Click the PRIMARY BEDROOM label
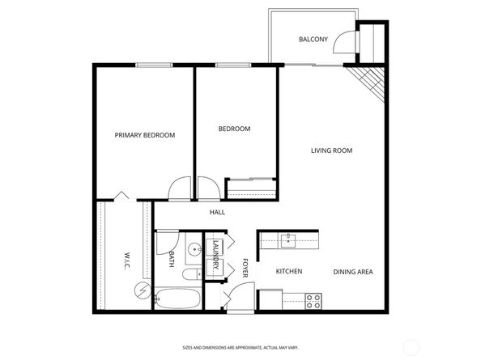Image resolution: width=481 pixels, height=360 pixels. (x=144, y=135)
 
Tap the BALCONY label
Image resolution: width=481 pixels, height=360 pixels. (x=313, y=40)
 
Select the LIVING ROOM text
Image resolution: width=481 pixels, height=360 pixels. (x=332, y=150)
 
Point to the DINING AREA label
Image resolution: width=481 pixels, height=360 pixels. (x=353, y=272)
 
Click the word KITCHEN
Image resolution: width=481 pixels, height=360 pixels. (x=289, y=272)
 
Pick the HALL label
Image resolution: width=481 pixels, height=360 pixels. (x=217, y=213)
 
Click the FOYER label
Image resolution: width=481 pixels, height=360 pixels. (x=245, y=266)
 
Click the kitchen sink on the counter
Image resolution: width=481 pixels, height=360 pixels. (x=289, y=239)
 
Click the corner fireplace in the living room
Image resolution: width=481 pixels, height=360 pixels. (x=369, y=81)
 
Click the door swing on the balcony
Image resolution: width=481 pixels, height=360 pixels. (x=347, y=40)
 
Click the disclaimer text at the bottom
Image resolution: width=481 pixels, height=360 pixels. (x=240, y=345)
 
